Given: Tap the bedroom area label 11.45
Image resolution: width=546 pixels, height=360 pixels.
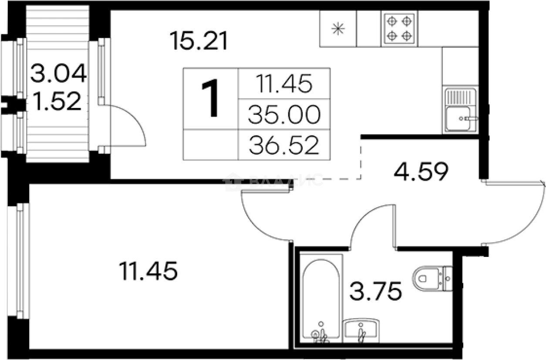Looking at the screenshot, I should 148,272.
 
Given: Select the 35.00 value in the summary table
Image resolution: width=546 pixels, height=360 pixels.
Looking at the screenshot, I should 283,115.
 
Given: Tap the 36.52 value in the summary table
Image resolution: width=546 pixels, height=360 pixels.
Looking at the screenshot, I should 283,145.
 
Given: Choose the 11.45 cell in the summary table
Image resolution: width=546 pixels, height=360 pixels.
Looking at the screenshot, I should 283,84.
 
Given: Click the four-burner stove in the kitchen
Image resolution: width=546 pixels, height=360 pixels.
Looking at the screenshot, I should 399,29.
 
